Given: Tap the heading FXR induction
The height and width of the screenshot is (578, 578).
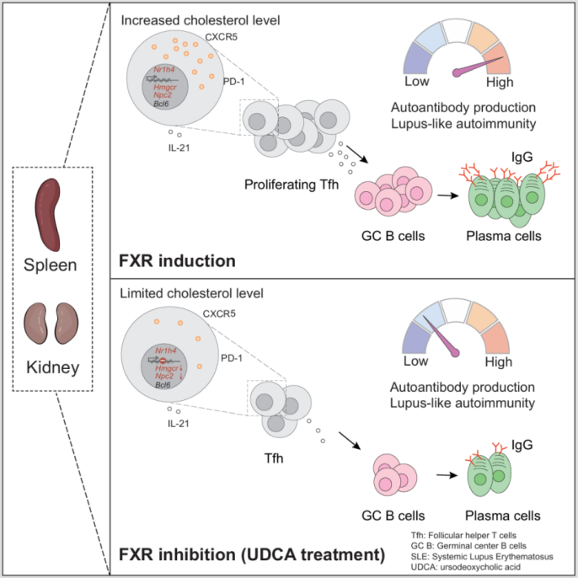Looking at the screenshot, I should [x=177, y=260].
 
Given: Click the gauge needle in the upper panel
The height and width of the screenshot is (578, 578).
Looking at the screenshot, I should [x=481, y=67].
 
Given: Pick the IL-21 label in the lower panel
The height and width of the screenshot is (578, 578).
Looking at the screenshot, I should [x=178, y=421].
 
